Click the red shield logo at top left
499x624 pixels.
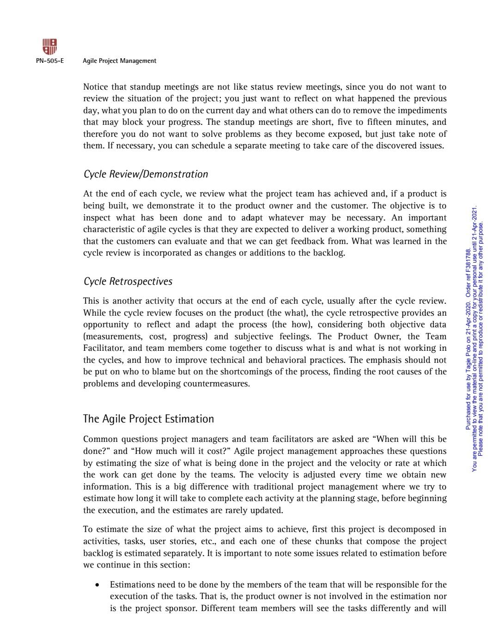(x=49, y=47)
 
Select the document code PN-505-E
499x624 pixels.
(x=49, y=61)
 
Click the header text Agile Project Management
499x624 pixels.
(x=119, y=61)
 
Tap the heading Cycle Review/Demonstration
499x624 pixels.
(x=146, y=174)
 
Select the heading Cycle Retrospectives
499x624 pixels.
(x=128, y=281)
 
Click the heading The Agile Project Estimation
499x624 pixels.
(x=148, y=419)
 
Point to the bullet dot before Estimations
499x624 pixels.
(x=97, y=585)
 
